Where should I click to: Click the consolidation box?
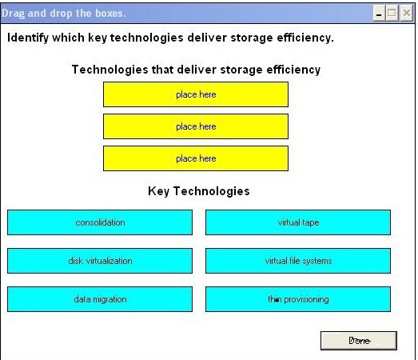tap(100, 222)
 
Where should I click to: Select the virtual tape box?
tap(298, 222)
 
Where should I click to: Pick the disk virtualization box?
tap(100, 261)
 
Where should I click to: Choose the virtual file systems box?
tap(298, 261)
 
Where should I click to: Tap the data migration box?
tap(100, 299)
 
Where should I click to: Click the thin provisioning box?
tap(298, 299)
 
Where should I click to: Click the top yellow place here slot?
tap(196, 94)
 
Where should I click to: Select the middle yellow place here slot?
tap(196, 126)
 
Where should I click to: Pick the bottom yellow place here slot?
tap(196, 158)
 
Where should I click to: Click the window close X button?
tap(407, 13)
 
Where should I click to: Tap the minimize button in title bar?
tap(379, 13)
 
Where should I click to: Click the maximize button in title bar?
tap(392, 13)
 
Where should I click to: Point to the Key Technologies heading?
tap(199, 191)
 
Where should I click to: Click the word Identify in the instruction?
tap(28, 38)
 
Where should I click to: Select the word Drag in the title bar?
tap(14, 14)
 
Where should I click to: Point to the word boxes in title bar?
tap(110, 13)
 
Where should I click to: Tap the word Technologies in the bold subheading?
tap(109, 70)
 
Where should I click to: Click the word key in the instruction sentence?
tap(98, 38)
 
